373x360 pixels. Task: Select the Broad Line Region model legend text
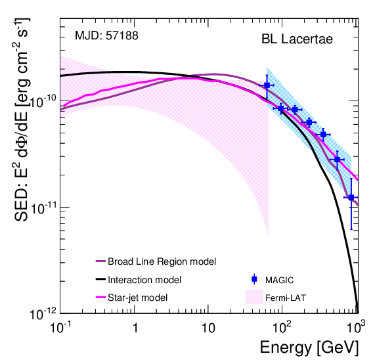(x=162, y=261)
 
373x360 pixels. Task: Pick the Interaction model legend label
(x=144, y=279)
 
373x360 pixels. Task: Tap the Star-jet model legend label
(x=138, y=297)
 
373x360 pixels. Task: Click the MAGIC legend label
(x=280, y=279)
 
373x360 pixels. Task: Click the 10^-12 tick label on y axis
(x=41, y=313)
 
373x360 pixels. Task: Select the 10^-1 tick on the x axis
(x=61, y=326)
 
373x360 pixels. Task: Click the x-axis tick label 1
(x=135, y=327)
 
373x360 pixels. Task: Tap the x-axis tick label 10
(x=208, y=327)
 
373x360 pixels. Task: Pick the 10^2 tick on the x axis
(x=282, y=326)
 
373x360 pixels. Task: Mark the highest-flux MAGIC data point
(x=267, y=85)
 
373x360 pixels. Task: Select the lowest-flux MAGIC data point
(x=351, y=197)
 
